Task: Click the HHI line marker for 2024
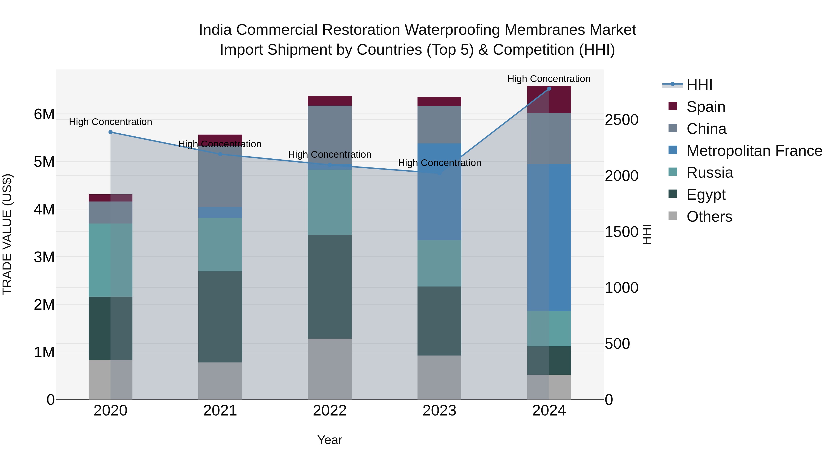549,89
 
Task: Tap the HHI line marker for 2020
111,132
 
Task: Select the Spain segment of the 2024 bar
549,100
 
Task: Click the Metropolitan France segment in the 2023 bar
439,192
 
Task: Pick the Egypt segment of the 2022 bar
330,287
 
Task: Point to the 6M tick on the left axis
44,114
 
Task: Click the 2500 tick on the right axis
621,120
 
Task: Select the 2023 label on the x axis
439,411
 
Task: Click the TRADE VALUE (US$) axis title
7,234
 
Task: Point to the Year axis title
330,440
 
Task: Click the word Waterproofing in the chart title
453,30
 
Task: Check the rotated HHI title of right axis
647,234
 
